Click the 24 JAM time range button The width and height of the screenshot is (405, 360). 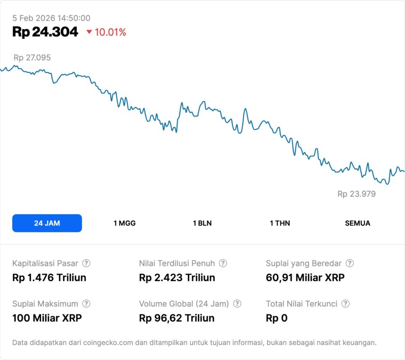click(47, 223)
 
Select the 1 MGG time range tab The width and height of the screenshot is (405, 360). click(124, 223)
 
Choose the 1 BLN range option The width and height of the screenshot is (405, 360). click(202, 223)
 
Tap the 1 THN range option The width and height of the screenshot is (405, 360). click(280, 223)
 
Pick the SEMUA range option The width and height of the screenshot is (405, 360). click(358, 223)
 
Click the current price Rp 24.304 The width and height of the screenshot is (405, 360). click(45, 32)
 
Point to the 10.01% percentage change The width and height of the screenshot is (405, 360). click(110, 32)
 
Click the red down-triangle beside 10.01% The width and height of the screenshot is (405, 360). click(89, 32)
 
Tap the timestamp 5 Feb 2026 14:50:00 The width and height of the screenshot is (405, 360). click(51, 18)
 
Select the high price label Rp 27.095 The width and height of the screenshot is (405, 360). click(32, 58)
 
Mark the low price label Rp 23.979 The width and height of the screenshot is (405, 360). click(356, 194)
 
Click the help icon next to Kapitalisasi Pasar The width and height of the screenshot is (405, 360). click(86, 263)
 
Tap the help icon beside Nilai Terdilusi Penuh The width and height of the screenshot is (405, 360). click(223, 263)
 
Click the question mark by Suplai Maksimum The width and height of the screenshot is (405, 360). click(86, 304)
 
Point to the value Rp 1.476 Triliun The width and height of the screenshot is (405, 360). click(49, 278)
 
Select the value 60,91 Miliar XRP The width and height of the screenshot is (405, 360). click(305, 278)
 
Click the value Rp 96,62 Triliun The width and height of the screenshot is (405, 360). click(177, 318)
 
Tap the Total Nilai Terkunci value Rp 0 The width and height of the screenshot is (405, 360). click(277, 318)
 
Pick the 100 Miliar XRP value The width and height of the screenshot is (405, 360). click(47, 318)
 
